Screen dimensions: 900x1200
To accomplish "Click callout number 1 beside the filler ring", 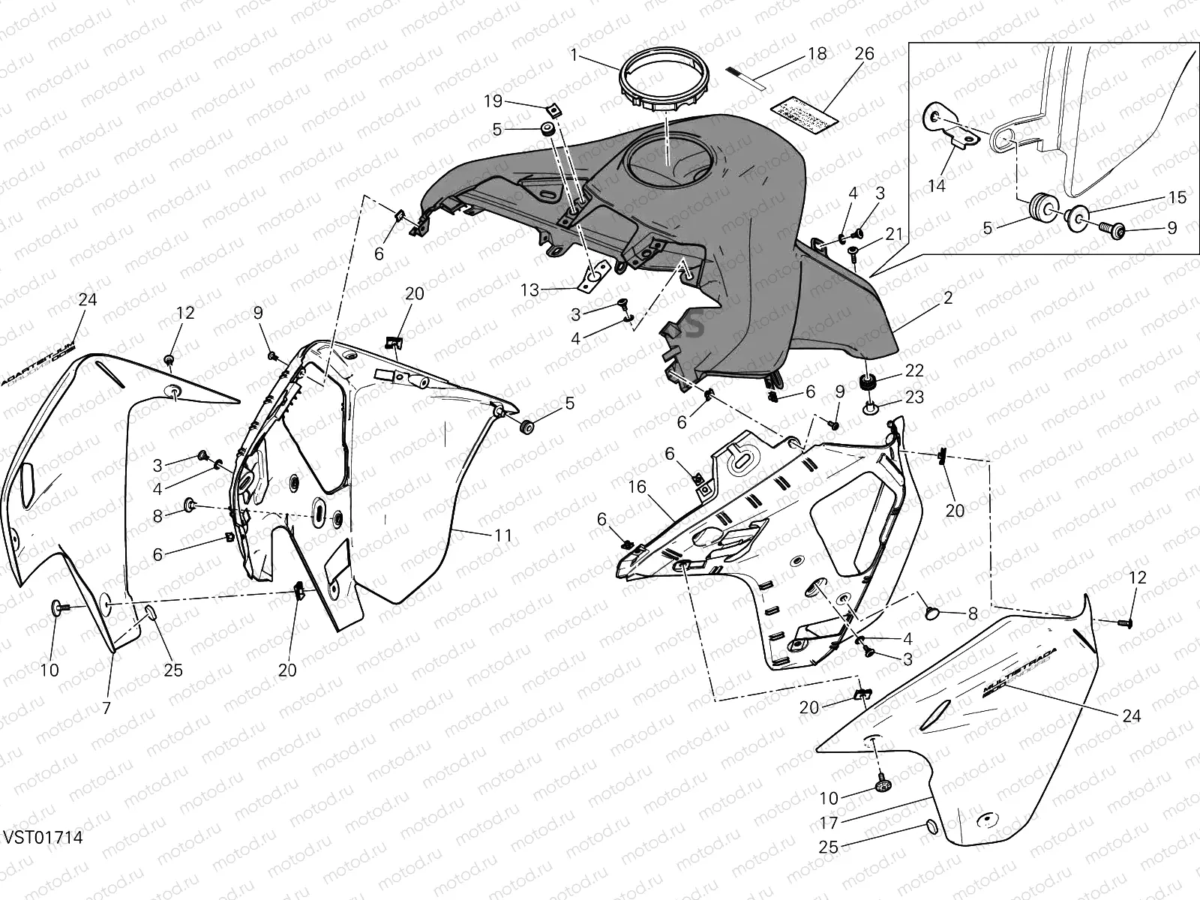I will point(574,55).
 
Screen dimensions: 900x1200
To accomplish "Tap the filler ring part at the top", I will point(663,88).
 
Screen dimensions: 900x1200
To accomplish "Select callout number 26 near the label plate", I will point(864,55).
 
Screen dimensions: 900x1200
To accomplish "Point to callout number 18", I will point(817,54).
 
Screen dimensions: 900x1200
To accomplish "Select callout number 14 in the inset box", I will point(937,186).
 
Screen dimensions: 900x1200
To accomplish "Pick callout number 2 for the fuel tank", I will point(949,298).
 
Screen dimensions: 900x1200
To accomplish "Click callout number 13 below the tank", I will point(529,289).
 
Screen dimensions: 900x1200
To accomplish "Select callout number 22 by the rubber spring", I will point(913,371).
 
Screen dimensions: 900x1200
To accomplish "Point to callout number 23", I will point(913,397).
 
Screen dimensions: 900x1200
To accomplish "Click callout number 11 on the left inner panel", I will point(502,535).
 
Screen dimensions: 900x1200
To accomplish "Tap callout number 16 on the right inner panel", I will point(637,487).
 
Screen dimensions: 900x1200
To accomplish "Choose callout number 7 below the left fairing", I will point(106,707).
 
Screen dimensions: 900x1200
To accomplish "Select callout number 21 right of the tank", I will point(893,235).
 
